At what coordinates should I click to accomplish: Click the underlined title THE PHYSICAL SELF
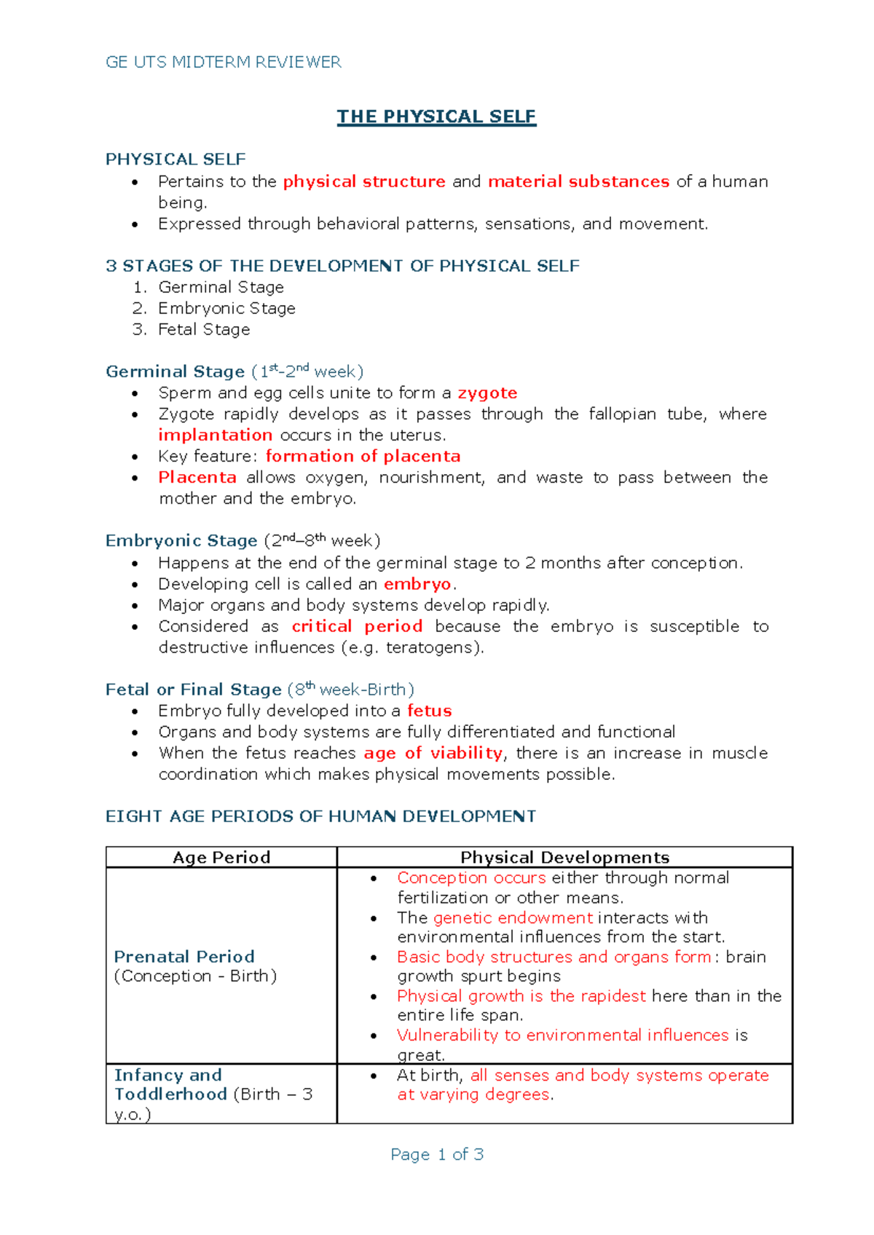436,117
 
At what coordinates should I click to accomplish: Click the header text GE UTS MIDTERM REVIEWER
223,62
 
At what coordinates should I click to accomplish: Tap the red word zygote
487,393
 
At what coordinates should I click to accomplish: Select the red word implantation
216,435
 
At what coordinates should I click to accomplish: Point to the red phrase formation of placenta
363,457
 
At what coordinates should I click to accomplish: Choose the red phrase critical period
357,626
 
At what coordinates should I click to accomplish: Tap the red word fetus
429,711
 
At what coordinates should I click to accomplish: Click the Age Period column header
221,857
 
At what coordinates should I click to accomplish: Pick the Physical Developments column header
564,857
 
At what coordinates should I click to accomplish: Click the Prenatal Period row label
184,957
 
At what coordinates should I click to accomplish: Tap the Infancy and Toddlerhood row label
171,1084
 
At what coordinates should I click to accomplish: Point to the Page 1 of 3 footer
437,1154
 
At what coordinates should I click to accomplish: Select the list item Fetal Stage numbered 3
204,330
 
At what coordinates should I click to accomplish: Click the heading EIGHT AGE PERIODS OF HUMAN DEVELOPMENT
320,816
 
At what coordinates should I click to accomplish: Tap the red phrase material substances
578,181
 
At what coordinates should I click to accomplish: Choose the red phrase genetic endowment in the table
513,918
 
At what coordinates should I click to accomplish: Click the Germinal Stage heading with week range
234,371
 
